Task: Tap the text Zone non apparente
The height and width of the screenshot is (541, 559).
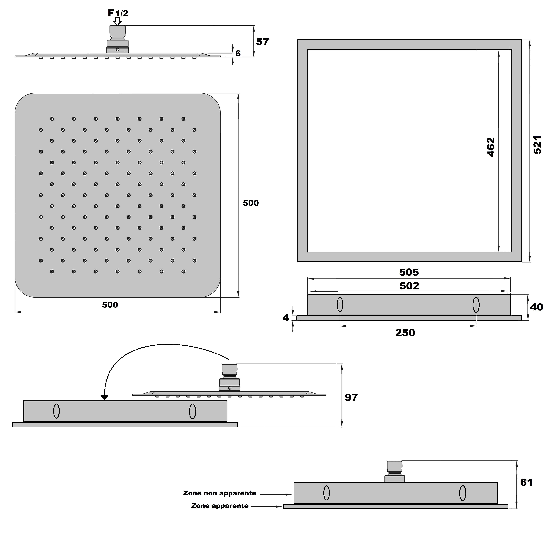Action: click(220, 493)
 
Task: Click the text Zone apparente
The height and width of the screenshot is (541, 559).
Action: click(220, 506)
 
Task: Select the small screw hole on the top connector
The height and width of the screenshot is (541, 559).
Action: click(117, 50)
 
